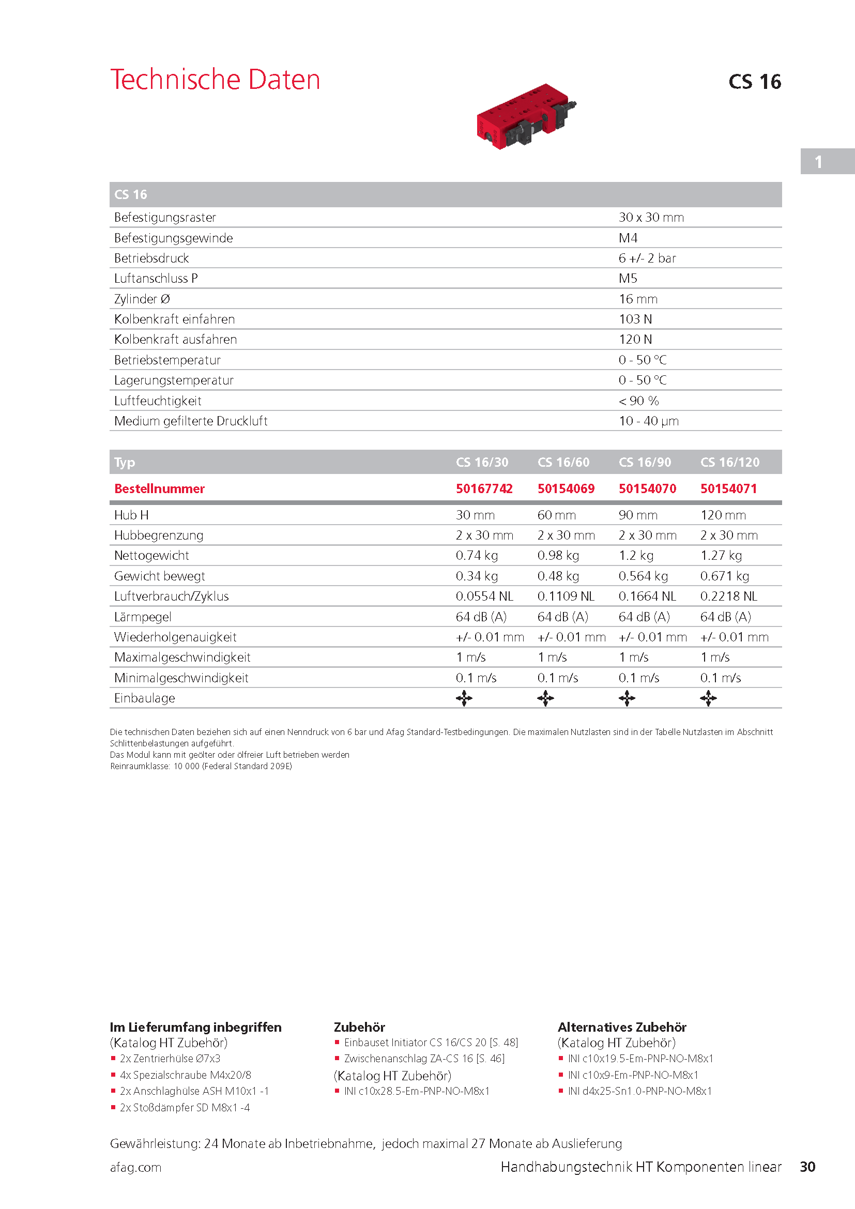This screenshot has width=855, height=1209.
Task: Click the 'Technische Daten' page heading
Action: click(215, 80)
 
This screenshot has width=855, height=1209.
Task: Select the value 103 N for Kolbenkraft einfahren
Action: click(635, 319)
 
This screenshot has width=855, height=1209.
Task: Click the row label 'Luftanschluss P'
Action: click(156, 279)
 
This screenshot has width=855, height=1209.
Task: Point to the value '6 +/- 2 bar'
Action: click(647, 258)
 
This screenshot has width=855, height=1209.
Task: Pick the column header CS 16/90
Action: click(645, 462)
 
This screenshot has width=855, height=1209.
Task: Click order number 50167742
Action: click(484, 488)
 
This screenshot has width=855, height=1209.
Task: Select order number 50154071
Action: click(728, 488)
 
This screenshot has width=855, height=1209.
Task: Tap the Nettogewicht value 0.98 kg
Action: click(558, 556)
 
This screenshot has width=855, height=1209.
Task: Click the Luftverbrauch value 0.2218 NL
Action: click(728, 596)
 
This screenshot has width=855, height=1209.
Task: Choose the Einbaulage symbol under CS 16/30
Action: click(464, 699)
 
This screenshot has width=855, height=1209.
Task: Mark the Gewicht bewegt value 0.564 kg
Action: click(643, 576)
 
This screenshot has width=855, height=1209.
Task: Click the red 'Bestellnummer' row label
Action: click(160, 488)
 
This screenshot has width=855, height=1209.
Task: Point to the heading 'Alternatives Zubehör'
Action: click(622, 1028)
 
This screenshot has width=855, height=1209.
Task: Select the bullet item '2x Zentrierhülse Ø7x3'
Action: click(170, 1059)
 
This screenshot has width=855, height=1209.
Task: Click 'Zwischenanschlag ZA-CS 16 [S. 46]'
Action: click(424, 1059)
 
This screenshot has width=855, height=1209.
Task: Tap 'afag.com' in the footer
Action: click(136, 1168)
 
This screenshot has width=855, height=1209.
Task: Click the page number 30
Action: click(807, 1167)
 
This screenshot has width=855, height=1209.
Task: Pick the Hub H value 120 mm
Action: click(723, 515)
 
